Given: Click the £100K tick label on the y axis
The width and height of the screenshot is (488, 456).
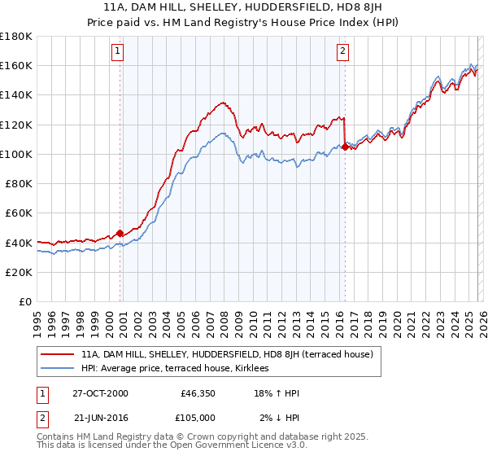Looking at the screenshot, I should [x=16, y=154].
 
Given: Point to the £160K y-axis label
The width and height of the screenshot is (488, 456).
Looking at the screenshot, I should [x=16, y=65].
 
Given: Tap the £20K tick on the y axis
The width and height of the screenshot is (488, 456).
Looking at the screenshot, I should [x=19, y=272].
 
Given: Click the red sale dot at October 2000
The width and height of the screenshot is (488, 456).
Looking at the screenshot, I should [x=120, y=232].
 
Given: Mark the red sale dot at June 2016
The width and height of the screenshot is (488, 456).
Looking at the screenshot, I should [x=345, y=147].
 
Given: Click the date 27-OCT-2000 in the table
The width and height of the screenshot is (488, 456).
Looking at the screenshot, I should [x=100, y=393].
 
